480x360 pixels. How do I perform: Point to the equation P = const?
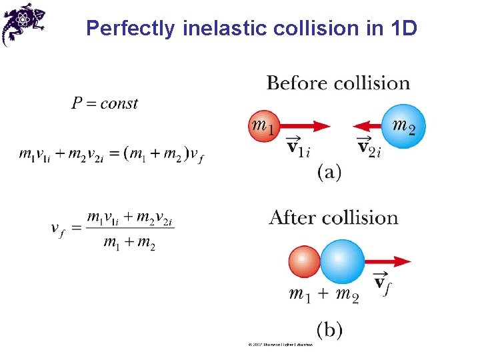[x=105, y=103]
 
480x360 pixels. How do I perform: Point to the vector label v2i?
[x=369, y=146]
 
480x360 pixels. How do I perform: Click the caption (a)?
[x=329, y=173]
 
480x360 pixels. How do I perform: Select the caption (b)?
[x=329, y=329]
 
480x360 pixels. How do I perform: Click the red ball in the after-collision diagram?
[x=305, y=262]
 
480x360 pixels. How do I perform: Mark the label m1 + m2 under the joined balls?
[x=324, y=294]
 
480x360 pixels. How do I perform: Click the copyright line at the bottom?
[x=280, y=345]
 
